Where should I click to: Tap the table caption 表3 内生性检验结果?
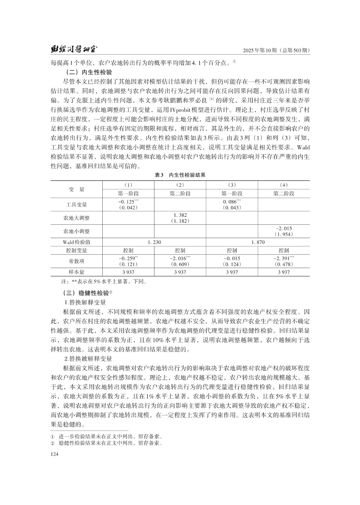(x=180, y=175)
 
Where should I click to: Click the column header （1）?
(x=128, y=185)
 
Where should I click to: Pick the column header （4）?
(x=284, y=185)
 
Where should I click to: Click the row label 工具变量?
(x=76, y=205)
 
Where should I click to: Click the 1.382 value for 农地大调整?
(x=180, y=215)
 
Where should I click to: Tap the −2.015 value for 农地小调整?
(x=284, y=229)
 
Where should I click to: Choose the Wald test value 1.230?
(x=154, y=242)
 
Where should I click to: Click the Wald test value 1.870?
(x=258, y=242)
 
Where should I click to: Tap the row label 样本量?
(x=76, y=272)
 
